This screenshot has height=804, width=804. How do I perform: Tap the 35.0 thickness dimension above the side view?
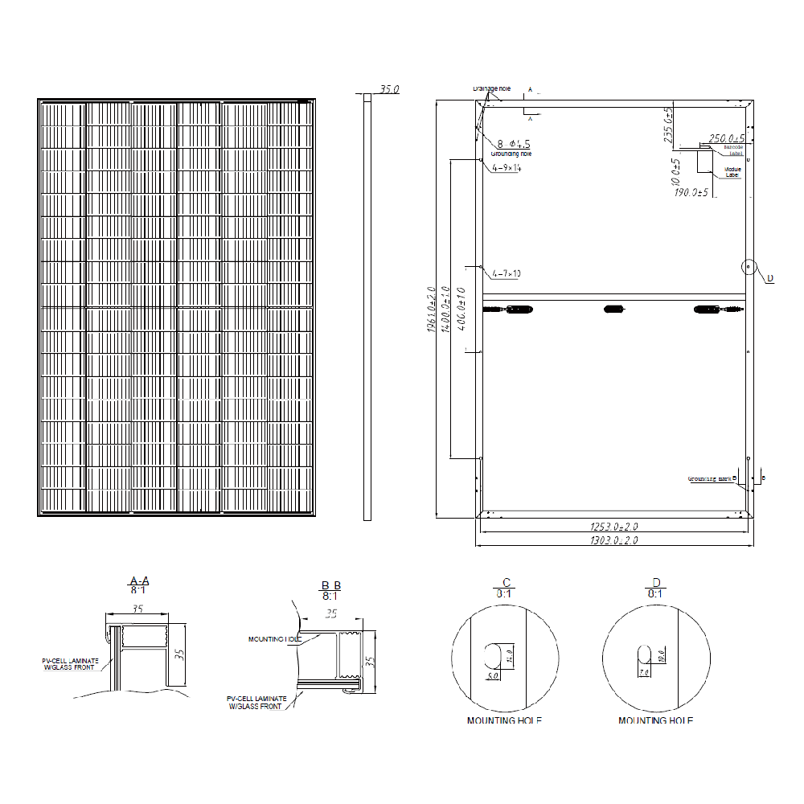[x=389, y=90]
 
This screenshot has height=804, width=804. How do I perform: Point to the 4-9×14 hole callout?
[x=507, y=168]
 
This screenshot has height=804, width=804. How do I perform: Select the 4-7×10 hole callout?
[x=506, y=273]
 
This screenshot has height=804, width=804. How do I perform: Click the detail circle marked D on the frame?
[x=749, y=266]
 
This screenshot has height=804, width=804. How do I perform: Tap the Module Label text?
[x=732, y=172]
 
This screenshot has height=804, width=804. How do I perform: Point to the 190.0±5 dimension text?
[x=691, y=193]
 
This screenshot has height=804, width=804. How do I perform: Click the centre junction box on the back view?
[x=614, y=309]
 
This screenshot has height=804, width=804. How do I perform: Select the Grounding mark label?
[x=712, y=478]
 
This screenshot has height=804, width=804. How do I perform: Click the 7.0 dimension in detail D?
[x=643, y=672]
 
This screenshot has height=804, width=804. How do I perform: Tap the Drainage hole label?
[x=491, y=88]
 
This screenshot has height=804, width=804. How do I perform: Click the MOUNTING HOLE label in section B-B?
[x=275, y=639]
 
